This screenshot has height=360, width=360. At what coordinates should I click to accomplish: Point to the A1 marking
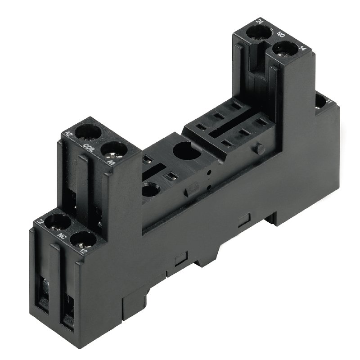111,160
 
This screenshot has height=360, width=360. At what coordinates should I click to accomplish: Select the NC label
59,235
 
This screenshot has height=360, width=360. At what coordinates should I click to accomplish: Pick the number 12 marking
83,249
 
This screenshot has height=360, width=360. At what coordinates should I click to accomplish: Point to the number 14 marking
301,49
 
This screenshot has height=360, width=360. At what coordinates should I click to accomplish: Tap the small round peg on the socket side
259,148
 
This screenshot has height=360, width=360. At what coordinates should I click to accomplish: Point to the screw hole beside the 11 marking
320,102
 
